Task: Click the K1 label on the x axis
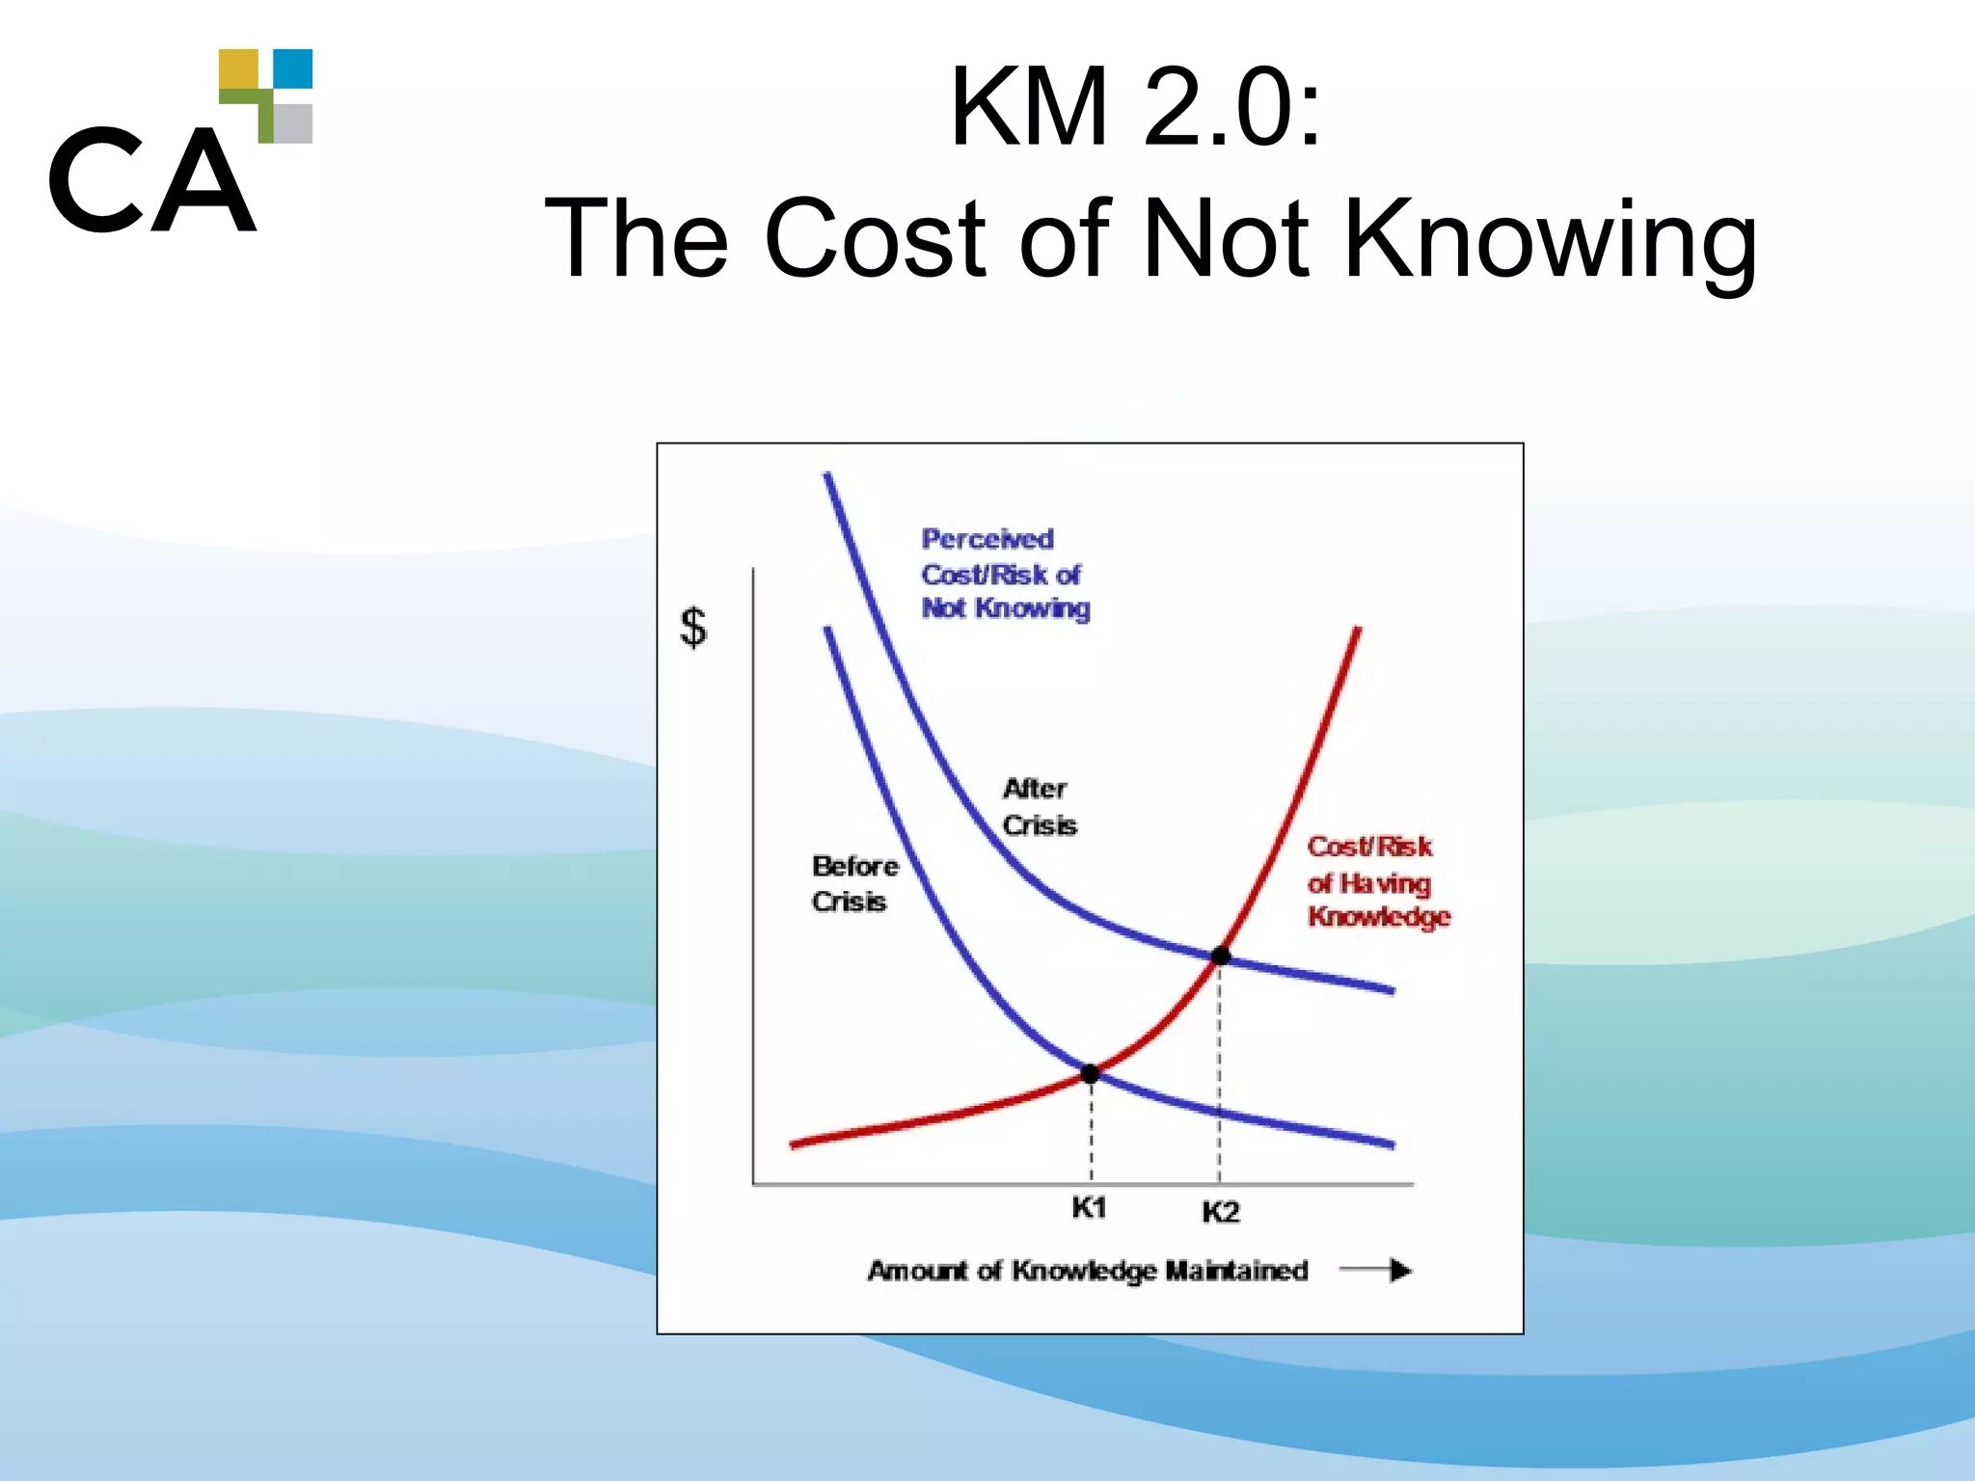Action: click(1089, 1207)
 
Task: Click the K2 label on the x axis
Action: click(1220, 1212)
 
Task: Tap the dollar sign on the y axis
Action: click(693, 628)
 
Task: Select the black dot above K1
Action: click(1091, 1074)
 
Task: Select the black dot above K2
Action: click(1221, 956)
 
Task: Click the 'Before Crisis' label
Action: click(854, 883)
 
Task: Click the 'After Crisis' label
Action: click(1039, 807)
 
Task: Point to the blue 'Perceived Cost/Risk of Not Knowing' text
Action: click(1004, 574)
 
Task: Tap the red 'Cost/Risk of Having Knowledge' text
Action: click(1377, 881)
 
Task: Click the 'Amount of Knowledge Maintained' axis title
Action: click(1088, 1271)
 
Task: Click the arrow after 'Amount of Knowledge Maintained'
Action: click(1376, 1271)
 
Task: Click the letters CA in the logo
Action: click(152, 181)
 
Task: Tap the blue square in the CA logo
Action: click(293, 68)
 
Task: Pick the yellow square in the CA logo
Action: click(238, 69)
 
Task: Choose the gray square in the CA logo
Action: click(293, 123)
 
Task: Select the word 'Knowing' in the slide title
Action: click(1550, 238)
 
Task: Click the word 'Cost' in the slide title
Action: click(877, 238)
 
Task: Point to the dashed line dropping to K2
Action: click(1220, 1070)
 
